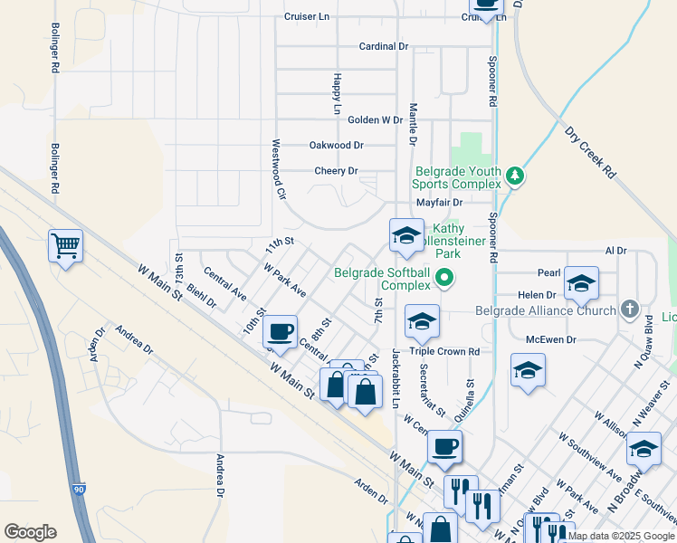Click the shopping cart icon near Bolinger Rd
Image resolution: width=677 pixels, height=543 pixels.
(66, 244)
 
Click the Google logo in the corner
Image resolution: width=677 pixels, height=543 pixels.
(30, 532)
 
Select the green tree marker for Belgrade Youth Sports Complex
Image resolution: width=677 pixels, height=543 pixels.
(515, 175)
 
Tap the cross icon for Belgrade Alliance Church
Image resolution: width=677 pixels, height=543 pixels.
(630, 310)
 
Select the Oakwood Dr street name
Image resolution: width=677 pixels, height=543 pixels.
(336, 145)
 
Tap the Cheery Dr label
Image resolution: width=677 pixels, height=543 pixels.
(336, 170)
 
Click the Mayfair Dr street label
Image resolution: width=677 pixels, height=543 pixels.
(439, 203)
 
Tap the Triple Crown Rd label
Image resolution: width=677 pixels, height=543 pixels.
(443, 351)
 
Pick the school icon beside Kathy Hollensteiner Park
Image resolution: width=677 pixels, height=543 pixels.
(406, 236)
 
